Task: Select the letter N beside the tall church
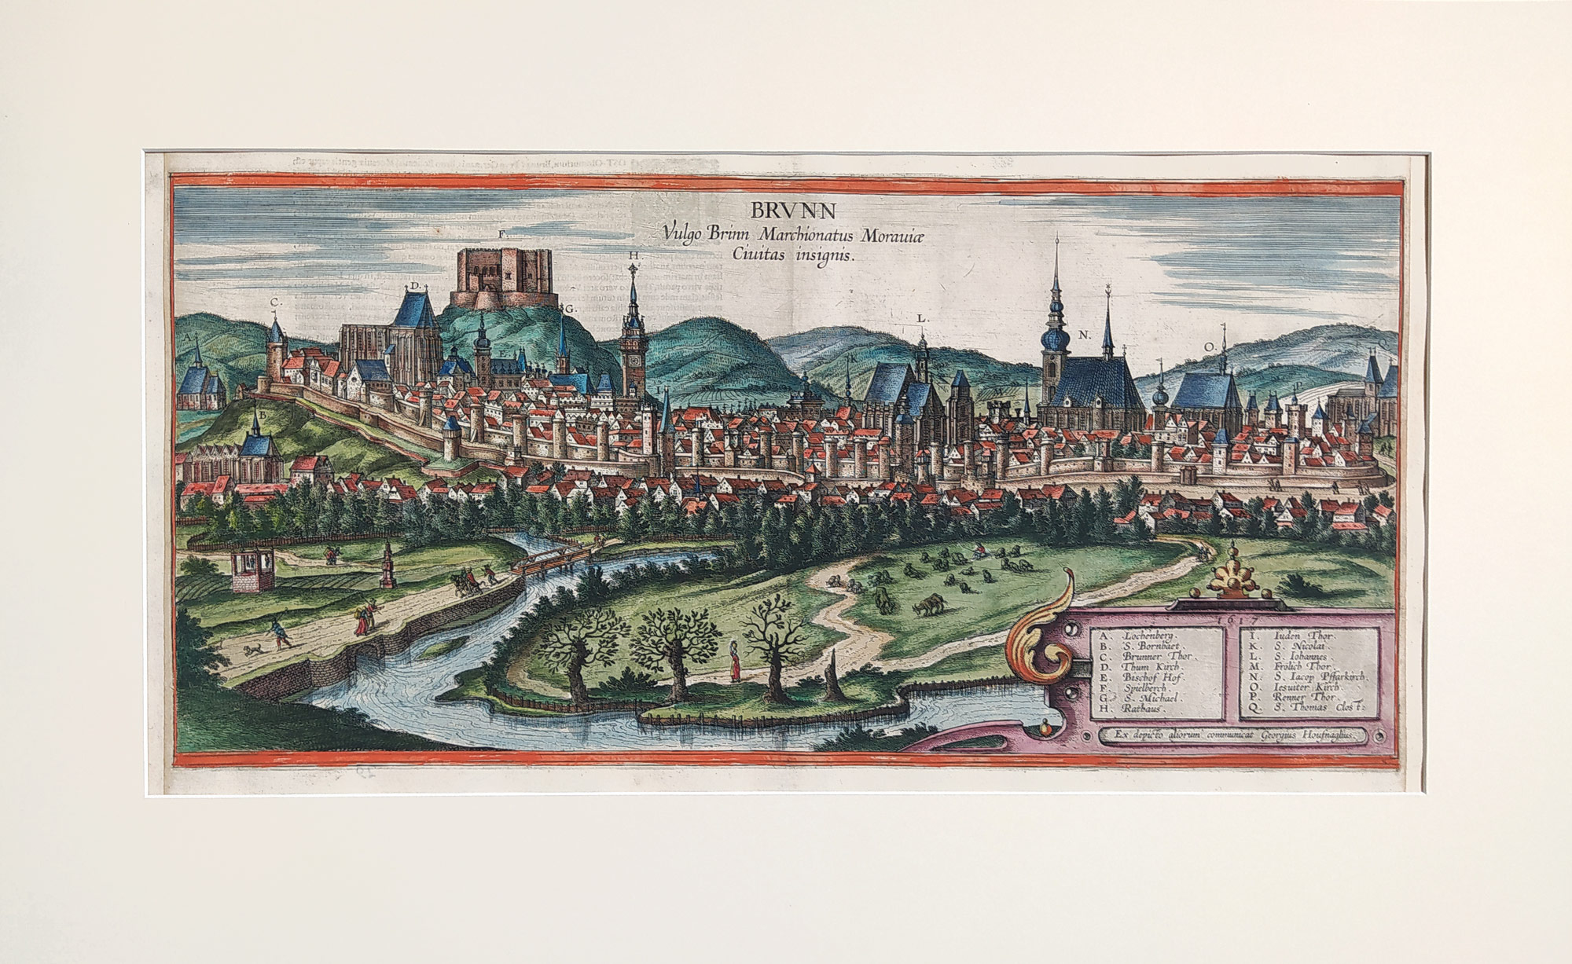1084,335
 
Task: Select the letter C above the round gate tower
275,302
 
